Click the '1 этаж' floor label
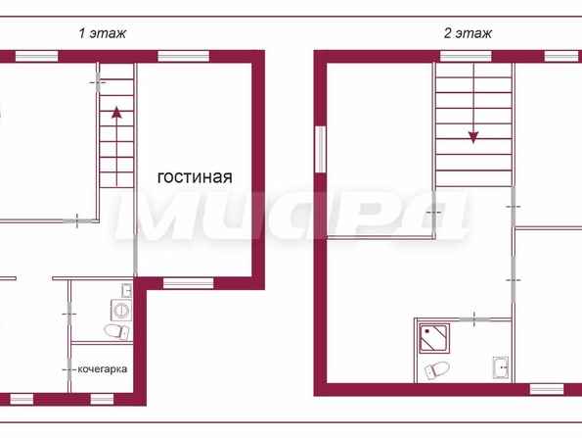click(103, 33)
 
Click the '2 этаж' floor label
click(468, 33)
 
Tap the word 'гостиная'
click(195, 177)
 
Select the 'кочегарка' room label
click(103, 369)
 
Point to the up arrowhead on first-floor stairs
click(116, 113)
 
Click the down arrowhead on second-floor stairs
click(473, 137)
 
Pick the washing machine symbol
click(121, 310)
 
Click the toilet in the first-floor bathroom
click(117, 331)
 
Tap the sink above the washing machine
click(126, 290)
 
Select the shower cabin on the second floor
click(434, 338)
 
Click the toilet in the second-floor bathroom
click(437, 370)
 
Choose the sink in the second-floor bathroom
click(501, 367)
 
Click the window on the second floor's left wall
click(320, 149)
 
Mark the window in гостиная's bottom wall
click(188, 283)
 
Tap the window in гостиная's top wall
click(184, 56)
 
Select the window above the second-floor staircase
click(466, 56)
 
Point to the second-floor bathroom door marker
click(474, 319)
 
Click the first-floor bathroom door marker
click(69, 315)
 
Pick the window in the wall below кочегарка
click(102, 400)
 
